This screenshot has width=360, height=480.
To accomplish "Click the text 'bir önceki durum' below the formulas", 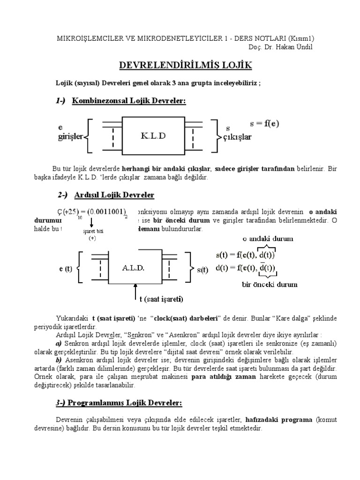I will (269, 284).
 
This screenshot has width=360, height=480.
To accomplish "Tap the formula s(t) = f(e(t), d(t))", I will (246, 256).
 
